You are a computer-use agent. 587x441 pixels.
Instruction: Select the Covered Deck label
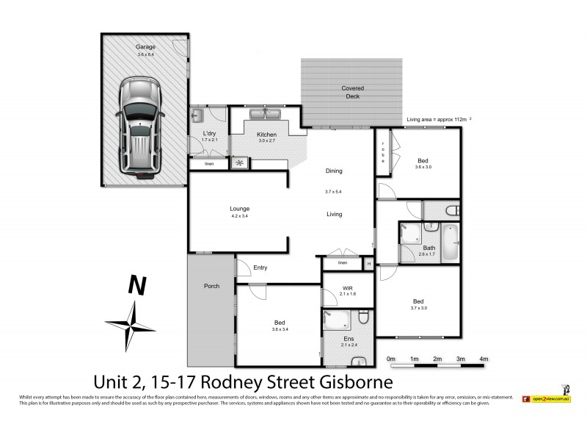click(x=352, y=92)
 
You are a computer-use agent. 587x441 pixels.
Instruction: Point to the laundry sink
click(x=197, y=116)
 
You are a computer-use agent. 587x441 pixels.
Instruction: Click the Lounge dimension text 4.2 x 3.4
click(x=240, y=216)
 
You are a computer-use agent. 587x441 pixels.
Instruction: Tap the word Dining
click(x=334, y=171)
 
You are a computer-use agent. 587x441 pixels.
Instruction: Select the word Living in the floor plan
click(x=334, y=215)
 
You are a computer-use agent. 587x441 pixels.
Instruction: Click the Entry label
click(x=260, y=268)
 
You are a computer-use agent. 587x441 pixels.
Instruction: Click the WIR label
click(x=349, y=288)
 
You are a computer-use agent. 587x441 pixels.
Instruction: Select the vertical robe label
click(x=383, y=154)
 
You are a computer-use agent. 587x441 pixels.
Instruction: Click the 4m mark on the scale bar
click(x=484, y=358)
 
